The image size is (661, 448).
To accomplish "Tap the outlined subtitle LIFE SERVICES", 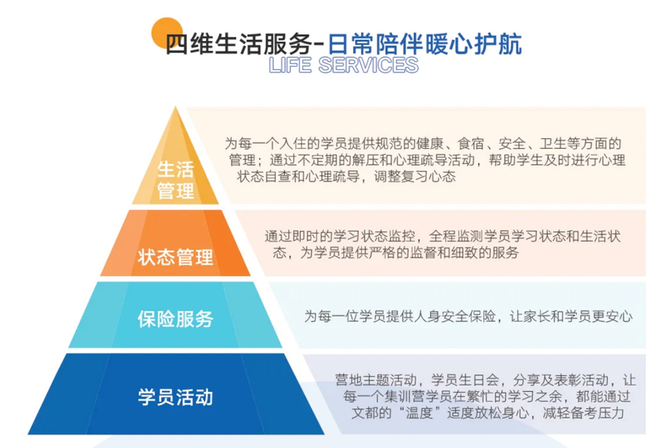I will pos(343,65).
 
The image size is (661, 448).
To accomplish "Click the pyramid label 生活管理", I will pos(176,179).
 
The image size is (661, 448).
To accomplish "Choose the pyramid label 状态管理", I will pos(176,257).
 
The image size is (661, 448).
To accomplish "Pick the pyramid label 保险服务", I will pos(176,319).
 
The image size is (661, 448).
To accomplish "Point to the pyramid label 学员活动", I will pos(176,396).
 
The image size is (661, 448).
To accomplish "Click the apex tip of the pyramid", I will pos(176,108).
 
